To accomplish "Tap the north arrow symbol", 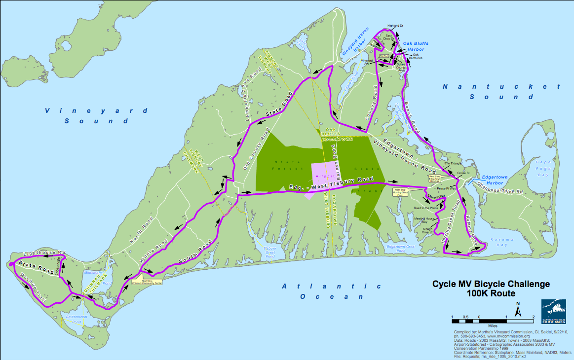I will point(519,311).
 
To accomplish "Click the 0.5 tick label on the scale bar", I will point(465,316).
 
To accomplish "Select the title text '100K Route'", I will point(491,293).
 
